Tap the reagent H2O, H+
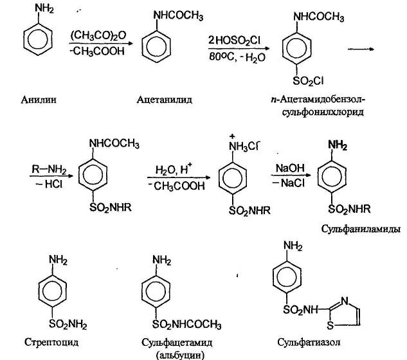coord(173,170)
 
